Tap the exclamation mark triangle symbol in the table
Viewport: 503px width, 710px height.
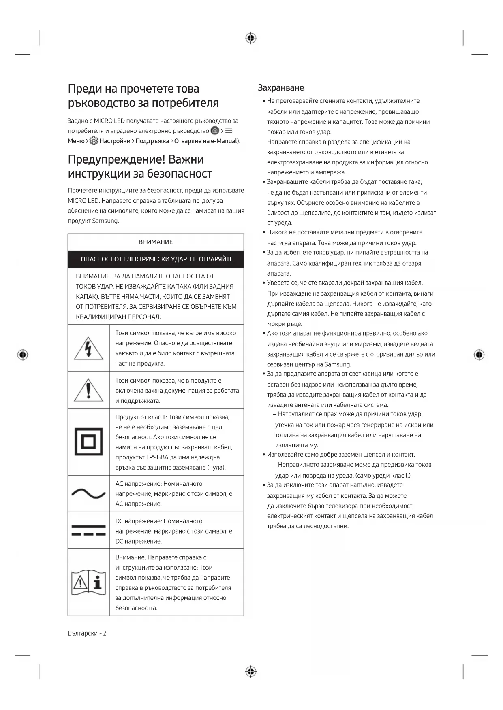coord(89,390)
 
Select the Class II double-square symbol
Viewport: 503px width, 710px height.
coord(89,442)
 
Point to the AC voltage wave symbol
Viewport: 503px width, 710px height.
coord(89,493)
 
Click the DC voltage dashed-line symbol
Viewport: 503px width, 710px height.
coord(89,530)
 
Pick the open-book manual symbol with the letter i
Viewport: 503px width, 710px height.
coord(89,582)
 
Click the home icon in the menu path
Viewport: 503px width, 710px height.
coord(215,131)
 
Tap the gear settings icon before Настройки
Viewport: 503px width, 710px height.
coord(94,141)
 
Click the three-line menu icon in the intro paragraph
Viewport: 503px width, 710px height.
coord(229,131)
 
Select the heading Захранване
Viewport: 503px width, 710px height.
coord(281,88)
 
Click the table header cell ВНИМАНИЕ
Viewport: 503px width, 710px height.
coord(156,242)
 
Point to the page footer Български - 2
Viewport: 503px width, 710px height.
coord(87,633)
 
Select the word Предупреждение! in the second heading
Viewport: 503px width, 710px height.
coord(116,159)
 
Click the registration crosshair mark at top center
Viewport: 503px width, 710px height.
coord(251,38)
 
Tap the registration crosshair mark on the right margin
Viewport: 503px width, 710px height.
coord(479,355)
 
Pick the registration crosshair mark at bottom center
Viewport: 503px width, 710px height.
coord(251,672)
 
